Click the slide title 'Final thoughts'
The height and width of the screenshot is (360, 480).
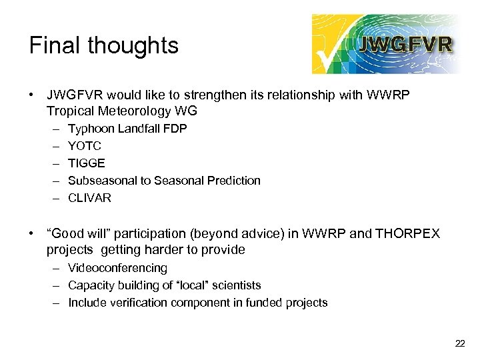click(x=104, y=45)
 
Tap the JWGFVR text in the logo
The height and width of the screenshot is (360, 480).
click(x=406, y=45)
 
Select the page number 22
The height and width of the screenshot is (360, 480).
click(x=460, y=343)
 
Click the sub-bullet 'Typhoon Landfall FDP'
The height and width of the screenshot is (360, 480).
click(x=127, y=129)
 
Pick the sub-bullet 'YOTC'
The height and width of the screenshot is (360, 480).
click(x=85, y=146)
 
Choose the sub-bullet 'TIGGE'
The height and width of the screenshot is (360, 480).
click(x=87, y=163)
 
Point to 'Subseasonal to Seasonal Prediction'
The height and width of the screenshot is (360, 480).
click(x=164, y=181)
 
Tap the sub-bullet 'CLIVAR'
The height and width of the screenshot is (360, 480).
click(x=89, y=198)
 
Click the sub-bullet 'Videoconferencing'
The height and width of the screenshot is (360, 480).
click(x=117, y=268)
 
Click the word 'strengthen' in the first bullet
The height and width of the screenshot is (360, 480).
click(x=199, y=95)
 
